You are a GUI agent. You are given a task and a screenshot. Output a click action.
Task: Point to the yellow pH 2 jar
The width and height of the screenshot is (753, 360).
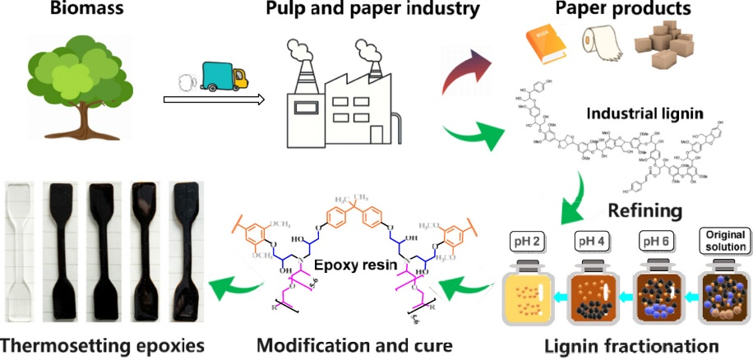pyautogui.click(x=529, y=300)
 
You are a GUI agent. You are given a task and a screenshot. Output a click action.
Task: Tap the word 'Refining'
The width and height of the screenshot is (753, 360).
pyautogui.click(x=645, y=211)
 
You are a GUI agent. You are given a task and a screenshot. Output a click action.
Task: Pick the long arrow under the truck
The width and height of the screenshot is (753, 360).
pyautogui.click(x=214, y=100)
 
